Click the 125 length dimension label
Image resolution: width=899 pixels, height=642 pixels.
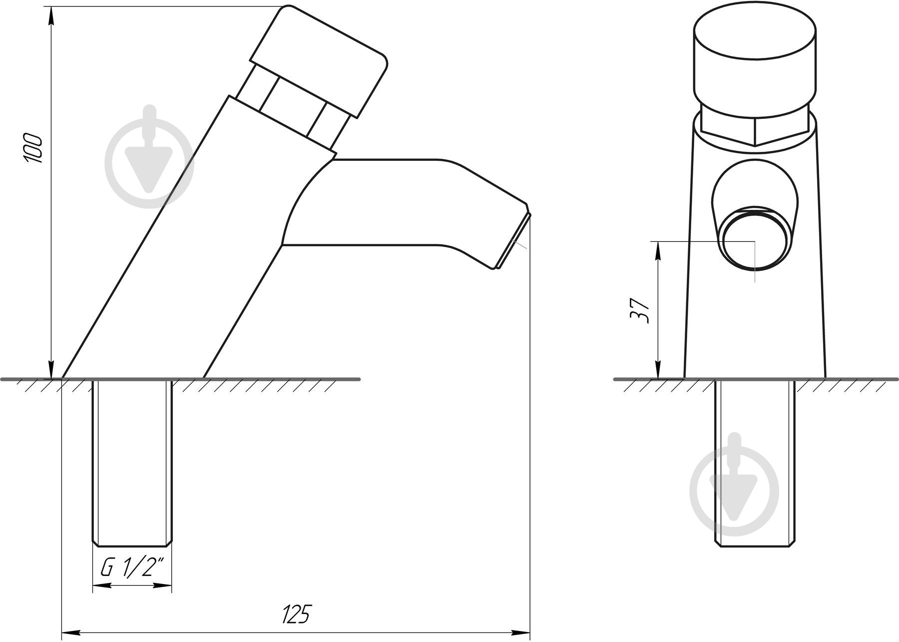pos(297,614)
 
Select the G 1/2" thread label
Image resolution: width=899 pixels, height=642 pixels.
pos(132,568)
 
